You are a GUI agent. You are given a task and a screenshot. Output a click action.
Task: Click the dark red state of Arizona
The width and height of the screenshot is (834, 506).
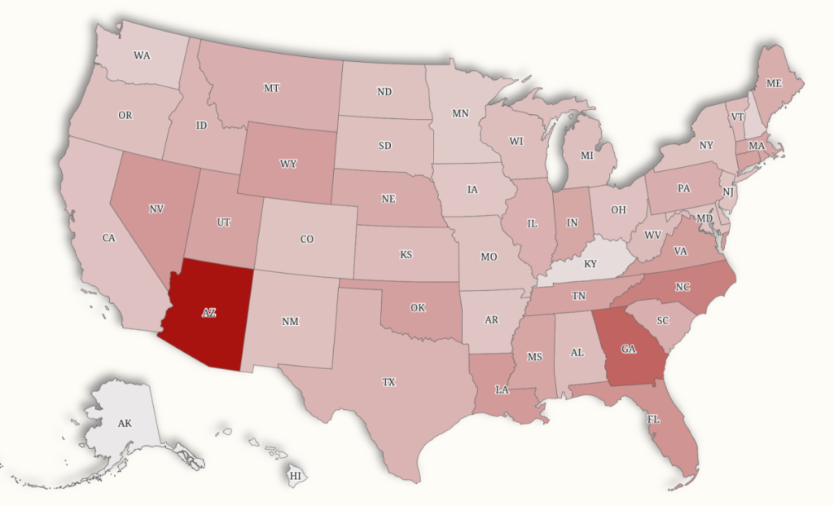[208, 312]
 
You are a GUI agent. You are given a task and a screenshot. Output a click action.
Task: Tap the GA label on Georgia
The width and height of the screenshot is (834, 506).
[628, 350]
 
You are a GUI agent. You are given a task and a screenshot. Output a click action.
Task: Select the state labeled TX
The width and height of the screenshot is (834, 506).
[388, 382]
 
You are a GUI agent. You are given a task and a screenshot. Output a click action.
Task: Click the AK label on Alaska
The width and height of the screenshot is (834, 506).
[125, 424]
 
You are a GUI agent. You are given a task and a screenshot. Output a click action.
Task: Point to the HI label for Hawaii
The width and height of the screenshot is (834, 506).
[296, 475]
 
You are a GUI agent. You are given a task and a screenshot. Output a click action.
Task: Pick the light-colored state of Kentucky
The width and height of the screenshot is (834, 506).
[590, 264]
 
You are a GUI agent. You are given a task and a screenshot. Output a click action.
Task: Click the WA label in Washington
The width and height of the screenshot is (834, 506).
[142, 56]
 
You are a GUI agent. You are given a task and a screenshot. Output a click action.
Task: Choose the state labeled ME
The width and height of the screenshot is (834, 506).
[774, 82]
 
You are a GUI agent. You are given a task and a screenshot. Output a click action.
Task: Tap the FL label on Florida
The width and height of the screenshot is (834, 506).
[653, 419]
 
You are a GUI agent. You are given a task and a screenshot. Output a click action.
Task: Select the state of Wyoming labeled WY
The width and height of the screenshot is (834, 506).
[288, 164]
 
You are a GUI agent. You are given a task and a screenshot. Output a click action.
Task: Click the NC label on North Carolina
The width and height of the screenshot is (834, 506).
[682, 287]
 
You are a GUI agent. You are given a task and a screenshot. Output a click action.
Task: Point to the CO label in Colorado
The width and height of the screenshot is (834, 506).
[306, 240]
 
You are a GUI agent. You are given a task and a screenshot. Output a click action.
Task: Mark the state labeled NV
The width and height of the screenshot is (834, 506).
[156, 209]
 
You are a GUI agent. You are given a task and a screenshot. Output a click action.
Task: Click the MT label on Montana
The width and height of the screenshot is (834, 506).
[272, 88]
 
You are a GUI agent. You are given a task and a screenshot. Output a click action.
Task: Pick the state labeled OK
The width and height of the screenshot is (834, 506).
[418, 308]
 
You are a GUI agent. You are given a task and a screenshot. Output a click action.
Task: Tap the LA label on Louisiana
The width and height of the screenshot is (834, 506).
[502, 389]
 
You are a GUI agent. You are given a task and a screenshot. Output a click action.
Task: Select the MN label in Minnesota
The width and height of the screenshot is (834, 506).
[460, 114]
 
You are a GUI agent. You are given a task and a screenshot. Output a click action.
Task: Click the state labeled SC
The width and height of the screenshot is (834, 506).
[662, 320]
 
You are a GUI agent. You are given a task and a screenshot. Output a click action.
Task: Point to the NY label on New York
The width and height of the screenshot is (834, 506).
[706, 146]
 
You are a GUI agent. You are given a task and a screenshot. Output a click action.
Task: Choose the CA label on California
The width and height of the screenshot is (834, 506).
[108, 238]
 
